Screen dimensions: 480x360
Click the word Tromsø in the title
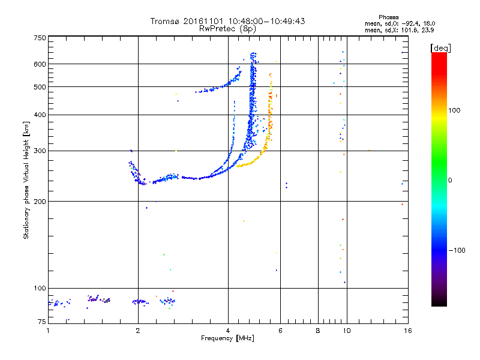[166, 21]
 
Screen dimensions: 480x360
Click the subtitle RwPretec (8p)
[228, 29]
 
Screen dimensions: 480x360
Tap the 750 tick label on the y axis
[40, 38]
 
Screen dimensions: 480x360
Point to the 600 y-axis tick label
[40, 64]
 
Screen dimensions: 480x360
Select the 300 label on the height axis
[40, 151]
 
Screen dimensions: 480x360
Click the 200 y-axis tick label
[40, 202]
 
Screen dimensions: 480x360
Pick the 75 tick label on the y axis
[42, 322]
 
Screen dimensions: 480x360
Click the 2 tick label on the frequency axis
[138, 331]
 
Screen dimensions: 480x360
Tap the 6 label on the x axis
[280, 331]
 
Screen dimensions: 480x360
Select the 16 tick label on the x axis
[408, 331]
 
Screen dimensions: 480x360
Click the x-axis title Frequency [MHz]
[227, 338]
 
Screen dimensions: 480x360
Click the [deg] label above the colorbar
[440, 48]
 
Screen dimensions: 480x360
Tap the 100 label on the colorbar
[454, 110]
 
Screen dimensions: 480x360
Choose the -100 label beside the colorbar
[457, 250]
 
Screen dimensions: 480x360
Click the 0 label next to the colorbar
[450, 181]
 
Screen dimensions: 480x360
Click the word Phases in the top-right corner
[388, 17]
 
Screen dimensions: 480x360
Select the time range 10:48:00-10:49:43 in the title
[266, 21]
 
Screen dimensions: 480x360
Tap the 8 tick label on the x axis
[318, 331]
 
